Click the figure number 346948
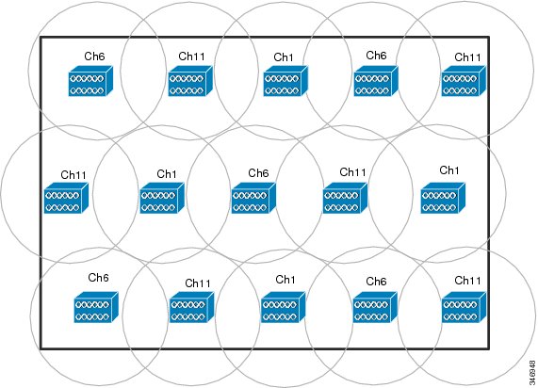coord(532,372)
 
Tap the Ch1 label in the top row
coord(284,57)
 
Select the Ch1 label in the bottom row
coord(285,280)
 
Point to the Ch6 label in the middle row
coord(258,173)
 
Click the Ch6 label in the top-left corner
coord(94,57)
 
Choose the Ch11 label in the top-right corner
coord(467,57)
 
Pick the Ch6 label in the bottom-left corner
coord(98,277)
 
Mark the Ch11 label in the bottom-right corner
coord(467,281)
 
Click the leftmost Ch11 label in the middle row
coord(73,175)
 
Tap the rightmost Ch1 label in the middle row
coord(449,170)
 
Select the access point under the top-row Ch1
coord(285,81)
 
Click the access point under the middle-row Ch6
coord(253,198)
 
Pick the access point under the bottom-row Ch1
coord(283,307)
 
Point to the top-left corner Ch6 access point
coord(90,81)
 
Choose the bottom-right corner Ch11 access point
coord(464,307)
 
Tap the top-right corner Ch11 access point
coord(464,81)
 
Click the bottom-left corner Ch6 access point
coord(96,307)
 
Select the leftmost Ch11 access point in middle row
coord(66,198)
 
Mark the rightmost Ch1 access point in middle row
coord(443,198)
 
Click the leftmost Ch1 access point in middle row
coord(162,198)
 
